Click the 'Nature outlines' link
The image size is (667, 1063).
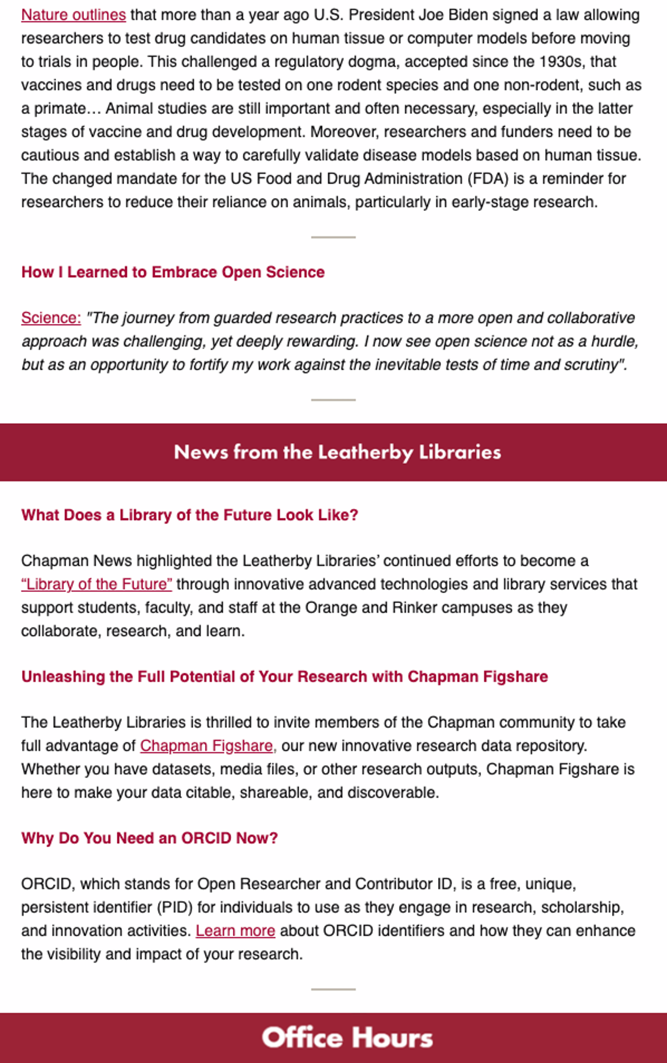click(74, 15)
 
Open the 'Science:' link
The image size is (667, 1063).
click(51, 318)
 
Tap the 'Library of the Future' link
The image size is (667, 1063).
click(97, 584)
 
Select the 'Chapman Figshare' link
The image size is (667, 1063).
click(206, 745)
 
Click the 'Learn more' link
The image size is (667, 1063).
click(235, 930)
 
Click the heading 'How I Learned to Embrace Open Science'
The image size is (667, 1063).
click(173, 272)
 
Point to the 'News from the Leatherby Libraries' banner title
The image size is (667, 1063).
click(337, 452)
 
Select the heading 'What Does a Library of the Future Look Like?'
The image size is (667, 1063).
click(190, 515)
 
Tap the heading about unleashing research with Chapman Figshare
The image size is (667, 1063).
click(284, 676)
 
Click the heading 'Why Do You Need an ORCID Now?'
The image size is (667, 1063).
click(150, 838)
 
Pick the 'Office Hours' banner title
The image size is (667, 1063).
click(347, 1038)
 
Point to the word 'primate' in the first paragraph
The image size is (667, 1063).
click(60, 108)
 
